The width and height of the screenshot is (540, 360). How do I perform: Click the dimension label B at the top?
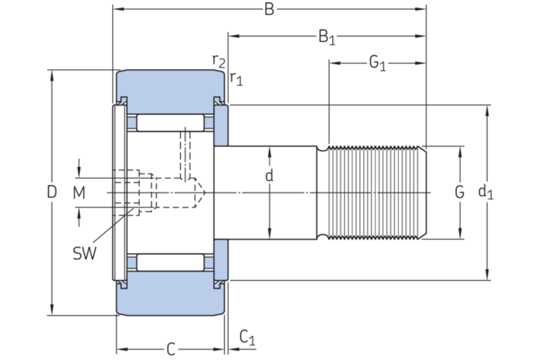(x=269, y=9)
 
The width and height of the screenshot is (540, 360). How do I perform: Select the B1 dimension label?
(x=326, y=36)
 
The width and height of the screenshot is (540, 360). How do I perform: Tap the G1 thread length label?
(x=377, y=64)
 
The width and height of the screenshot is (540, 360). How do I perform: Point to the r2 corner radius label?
(x=219, y=61)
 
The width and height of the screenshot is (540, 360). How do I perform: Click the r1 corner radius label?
(x=236, y=78)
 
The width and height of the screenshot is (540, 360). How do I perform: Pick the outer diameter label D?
(x=51, y=192)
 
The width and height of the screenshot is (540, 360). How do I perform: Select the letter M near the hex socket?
(x=79, y=192)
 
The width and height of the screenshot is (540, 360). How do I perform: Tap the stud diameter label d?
(x=269, y=176)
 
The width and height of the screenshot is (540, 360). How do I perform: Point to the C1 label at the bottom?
(x=246, y=336)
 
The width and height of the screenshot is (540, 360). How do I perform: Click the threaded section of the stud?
(x=375, y=192)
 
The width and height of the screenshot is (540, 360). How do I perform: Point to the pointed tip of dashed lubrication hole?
(x=205, y=192)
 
